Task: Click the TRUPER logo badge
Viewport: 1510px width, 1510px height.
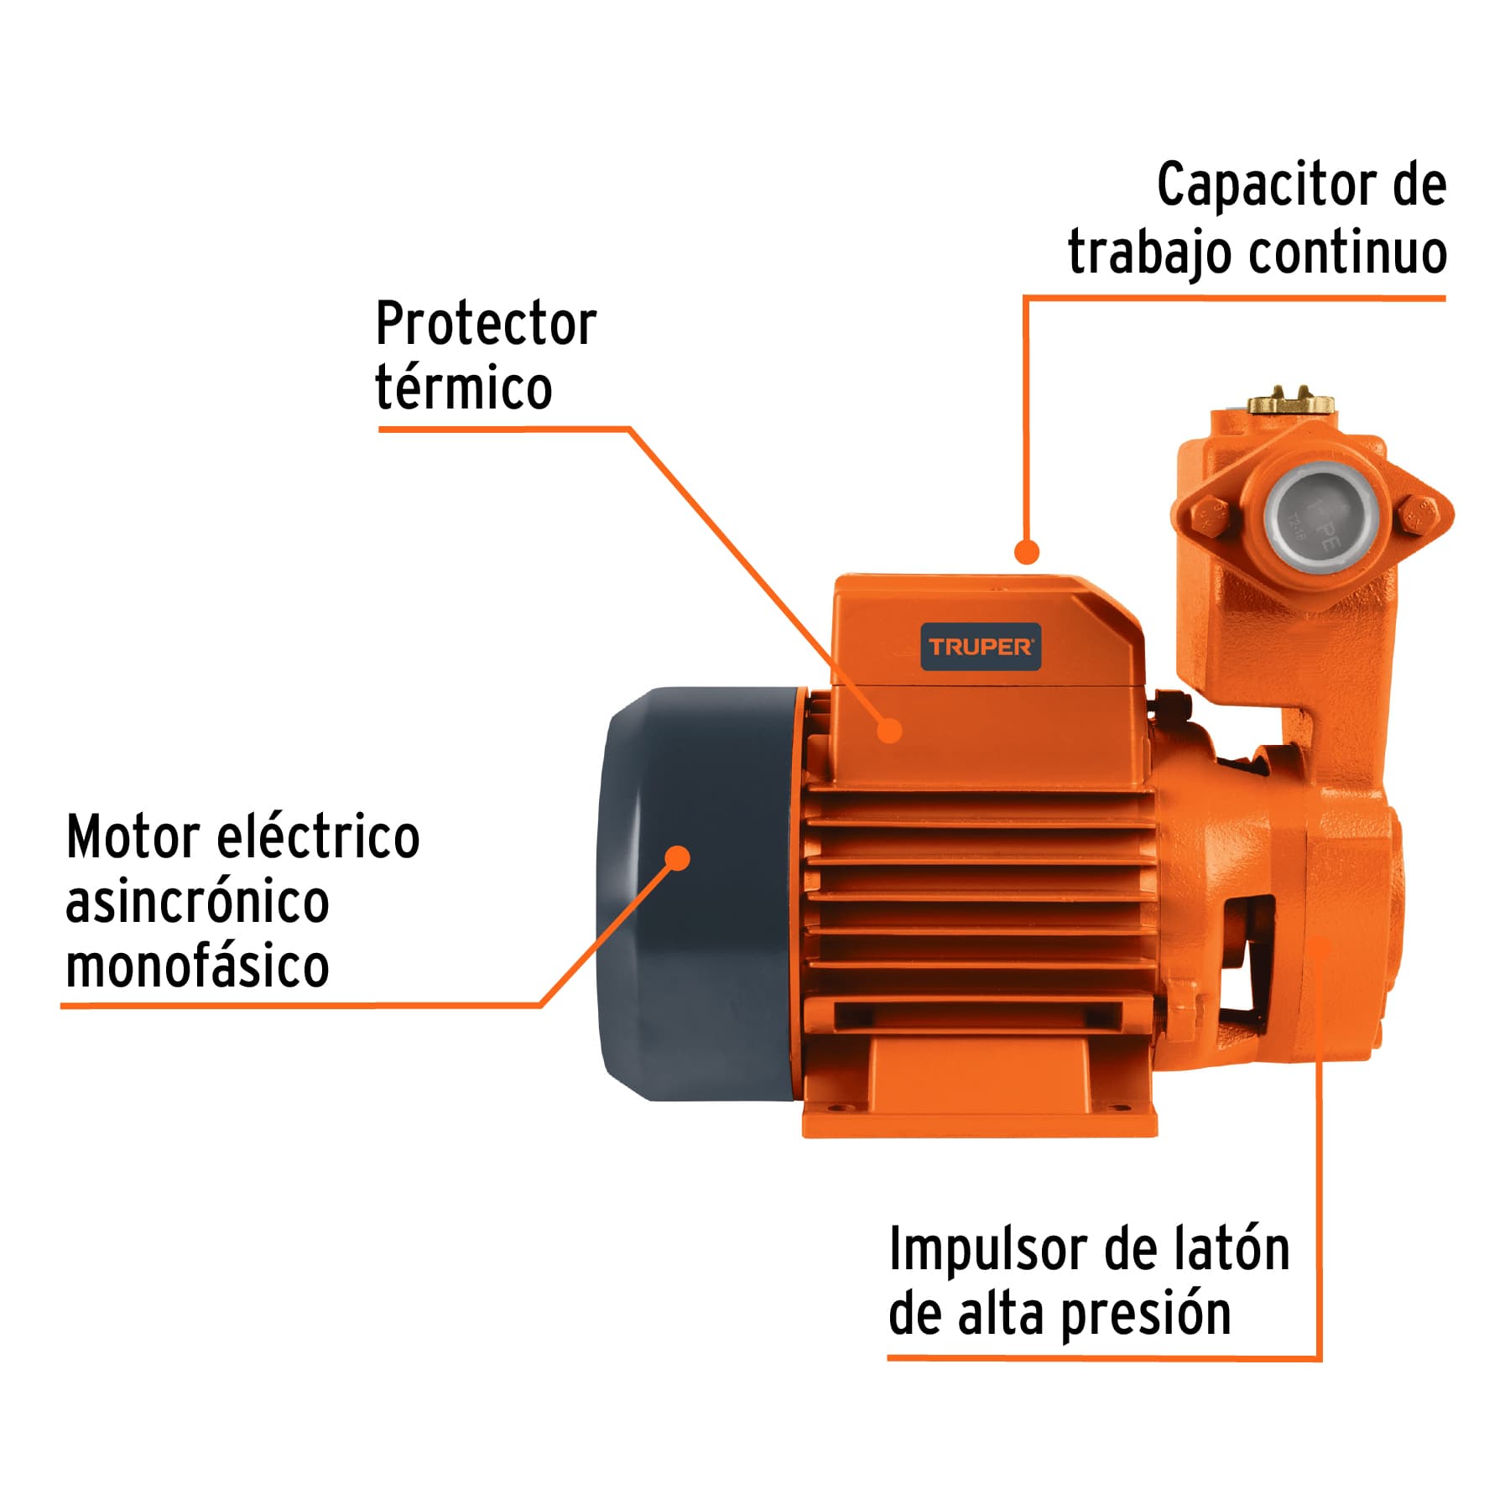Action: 981,647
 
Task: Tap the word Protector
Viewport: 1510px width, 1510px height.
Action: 486,324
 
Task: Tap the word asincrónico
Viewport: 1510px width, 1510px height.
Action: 197,902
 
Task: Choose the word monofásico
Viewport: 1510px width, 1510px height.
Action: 197,966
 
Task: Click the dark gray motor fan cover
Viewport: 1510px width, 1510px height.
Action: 696,923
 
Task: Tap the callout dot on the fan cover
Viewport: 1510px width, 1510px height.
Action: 677,858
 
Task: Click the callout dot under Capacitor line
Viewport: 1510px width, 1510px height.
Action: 1027,552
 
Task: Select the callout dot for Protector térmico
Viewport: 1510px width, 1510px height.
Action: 889,730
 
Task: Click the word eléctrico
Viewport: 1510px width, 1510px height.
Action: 318,837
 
